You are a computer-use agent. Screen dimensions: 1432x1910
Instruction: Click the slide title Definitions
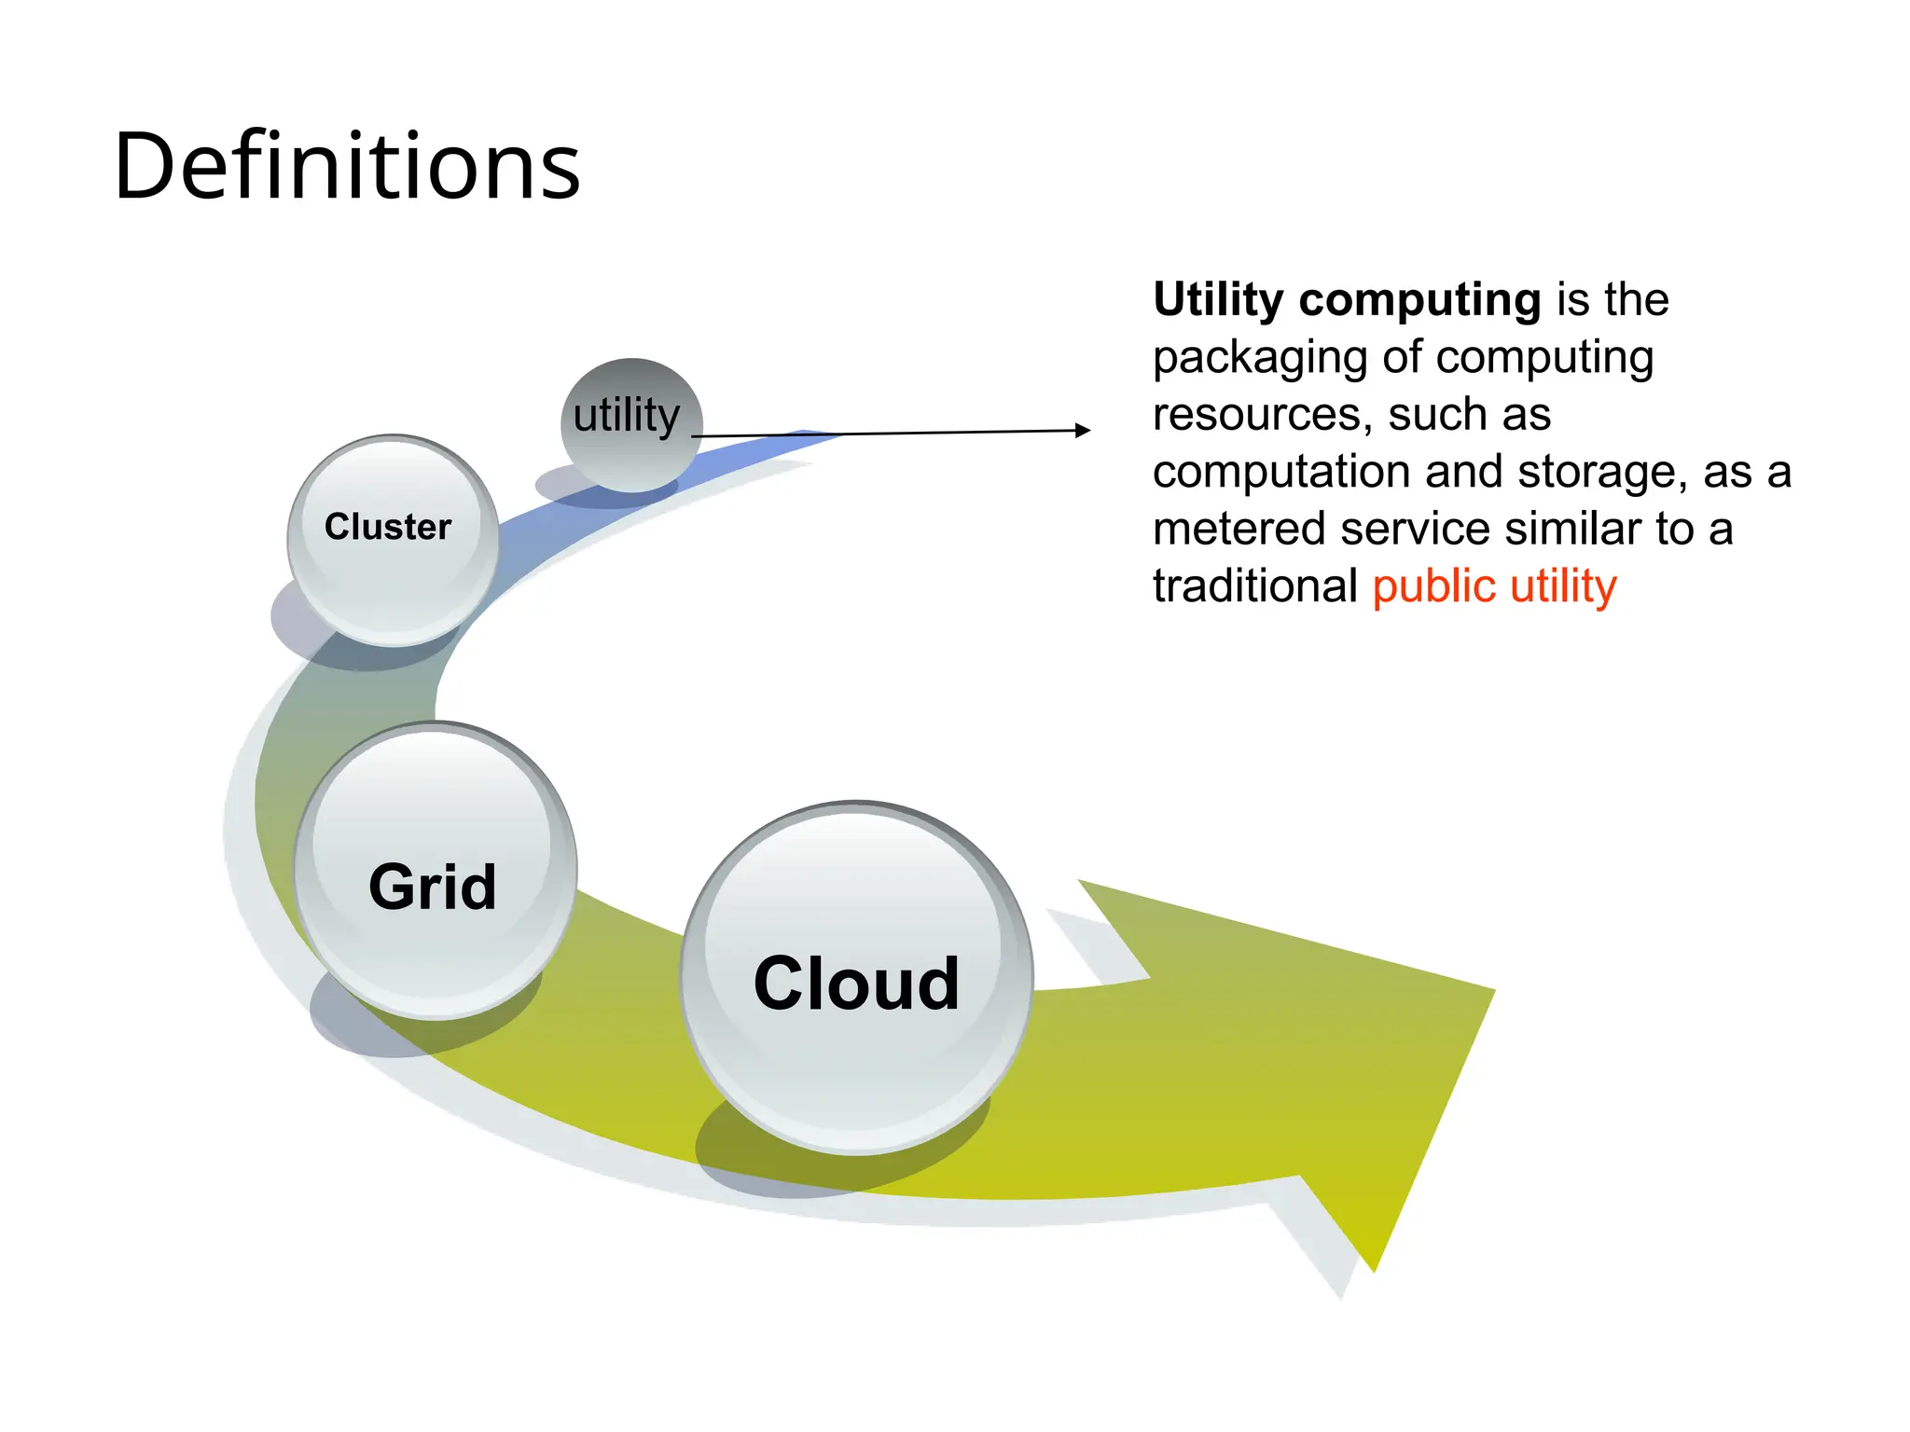point(347,166)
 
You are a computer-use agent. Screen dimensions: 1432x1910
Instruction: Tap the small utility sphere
point(631,424)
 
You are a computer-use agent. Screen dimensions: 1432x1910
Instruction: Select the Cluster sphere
point(393,539)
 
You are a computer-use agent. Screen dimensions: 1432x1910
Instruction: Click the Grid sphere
point(435,871)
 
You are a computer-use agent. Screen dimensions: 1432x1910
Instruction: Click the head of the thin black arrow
point(1083,430)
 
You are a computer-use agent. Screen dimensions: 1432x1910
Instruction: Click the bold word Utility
point(1218,300)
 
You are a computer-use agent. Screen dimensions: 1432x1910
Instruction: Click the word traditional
point(1254,586)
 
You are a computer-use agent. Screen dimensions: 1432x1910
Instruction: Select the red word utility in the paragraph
point(1563,587)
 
